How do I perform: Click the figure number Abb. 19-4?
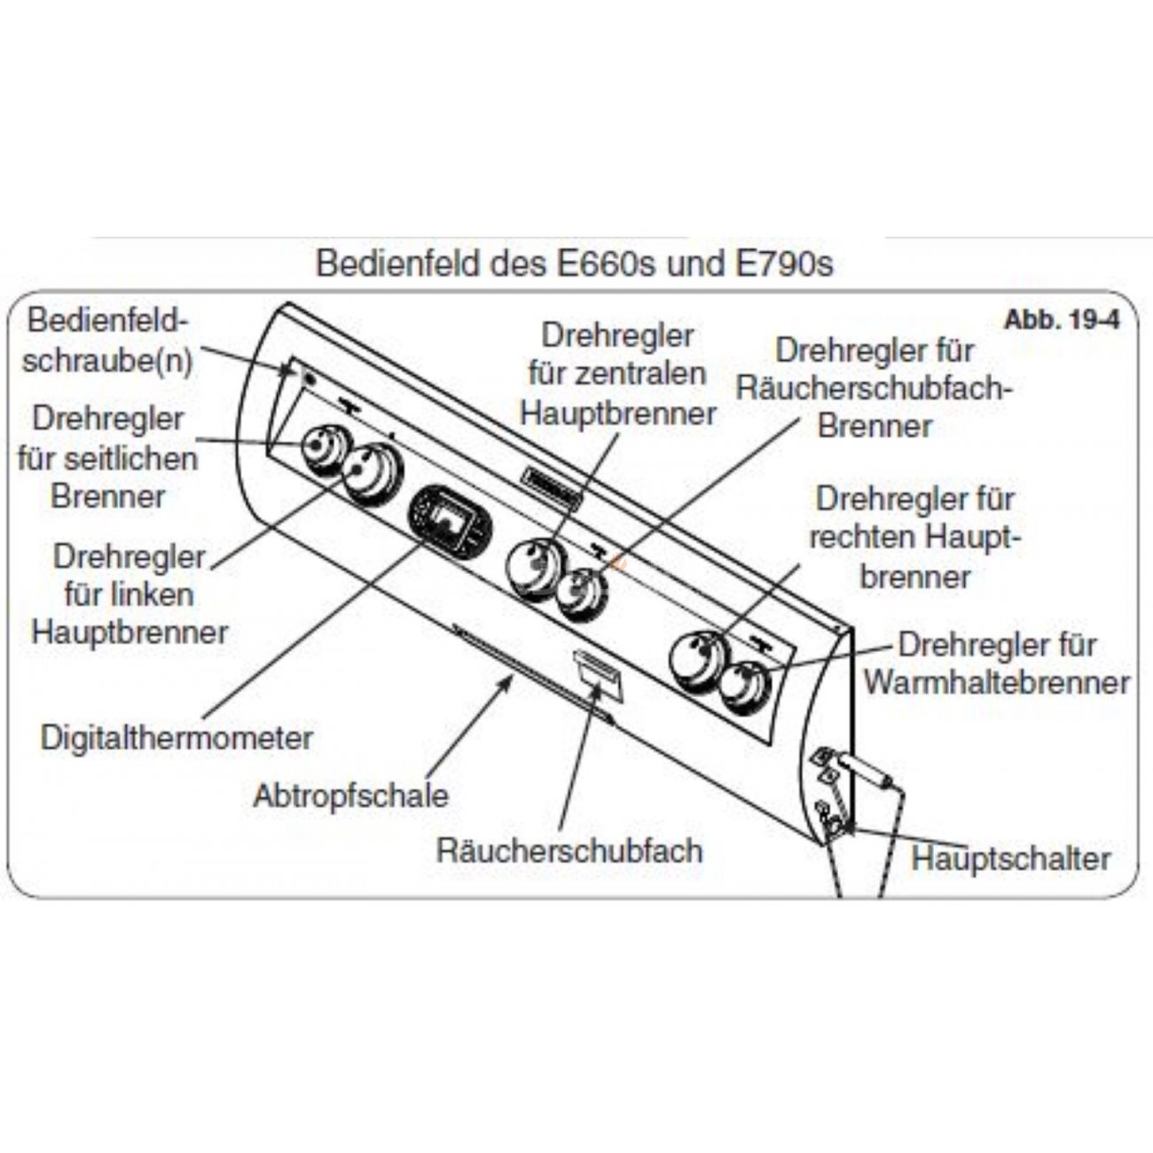click(1062, 320)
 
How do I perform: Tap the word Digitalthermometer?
click(176, 738)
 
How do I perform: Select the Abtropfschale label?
click(350, 796)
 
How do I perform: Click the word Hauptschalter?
click(1010, 859)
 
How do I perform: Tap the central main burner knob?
click(534, 569)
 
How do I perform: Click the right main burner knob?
click(698, 662)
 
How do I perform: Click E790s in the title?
click(784, 264)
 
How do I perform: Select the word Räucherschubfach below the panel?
click(569, 851)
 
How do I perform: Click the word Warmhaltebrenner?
click(997, 682)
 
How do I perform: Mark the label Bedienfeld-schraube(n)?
click(107, 341)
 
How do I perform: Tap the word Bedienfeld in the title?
click(398, 264)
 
